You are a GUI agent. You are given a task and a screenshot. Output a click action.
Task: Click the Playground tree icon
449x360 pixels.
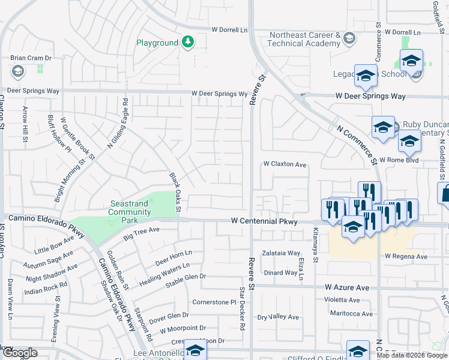click(188, 42)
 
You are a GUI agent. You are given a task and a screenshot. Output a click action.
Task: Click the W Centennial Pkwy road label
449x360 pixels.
click(264, 221)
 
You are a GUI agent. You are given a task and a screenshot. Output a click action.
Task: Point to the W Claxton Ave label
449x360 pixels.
click(285, 164)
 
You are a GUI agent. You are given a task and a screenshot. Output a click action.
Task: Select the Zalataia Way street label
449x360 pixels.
click(280, 253)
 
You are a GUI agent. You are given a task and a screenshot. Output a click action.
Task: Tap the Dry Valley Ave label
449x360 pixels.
click(277, 317)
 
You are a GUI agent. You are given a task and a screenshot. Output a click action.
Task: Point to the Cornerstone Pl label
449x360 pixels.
click(214, 302)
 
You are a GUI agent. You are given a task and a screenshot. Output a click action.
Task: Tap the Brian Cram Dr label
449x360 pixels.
click(31, 58)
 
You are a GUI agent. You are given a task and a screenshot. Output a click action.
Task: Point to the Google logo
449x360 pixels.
click(19, 353)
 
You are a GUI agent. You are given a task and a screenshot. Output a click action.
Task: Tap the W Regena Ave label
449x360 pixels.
click(406, 256)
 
